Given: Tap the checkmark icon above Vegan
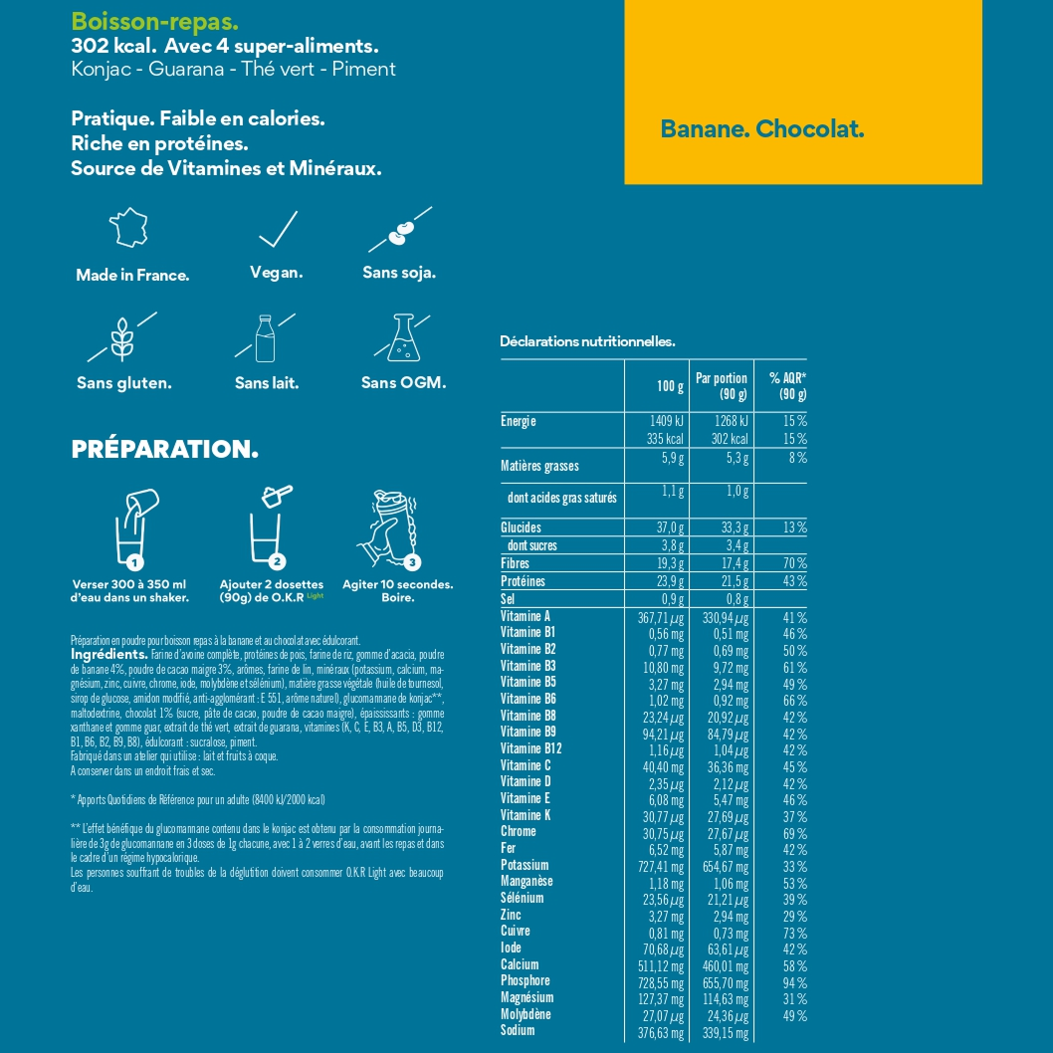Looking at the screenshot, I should click(x=277, y=230).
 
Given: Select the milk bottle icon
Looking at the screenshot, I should click(x=265, y=338).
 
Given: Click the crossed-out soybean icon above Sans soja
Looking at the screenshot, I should click(x=399, y=232).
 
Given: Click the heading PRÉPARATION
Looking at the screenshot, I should click(x=165, y=450).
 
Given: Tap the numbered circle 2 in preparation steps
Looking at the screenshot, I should click(x=278, y=561).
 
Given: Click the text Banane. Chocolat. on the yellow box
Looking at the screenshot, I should click(x=762, y=129).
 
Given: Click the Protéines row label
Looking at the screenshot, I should click(x=524, y=581).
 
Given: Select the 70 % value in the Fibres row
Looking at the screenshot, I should click(x=793, y=563).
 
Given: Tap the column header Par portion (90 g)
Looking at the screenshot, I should click(x=722, y=386).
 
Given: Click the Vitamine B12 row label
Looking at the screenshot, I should click(x=531, y=748).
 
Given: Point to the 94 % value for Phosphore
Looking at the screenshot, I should click(x=794, y=981).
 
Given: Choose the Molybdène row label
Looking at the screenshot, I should click(x=526, y=1014).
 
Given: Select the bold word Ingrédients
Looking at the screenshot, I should click(x=109, y=655).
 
